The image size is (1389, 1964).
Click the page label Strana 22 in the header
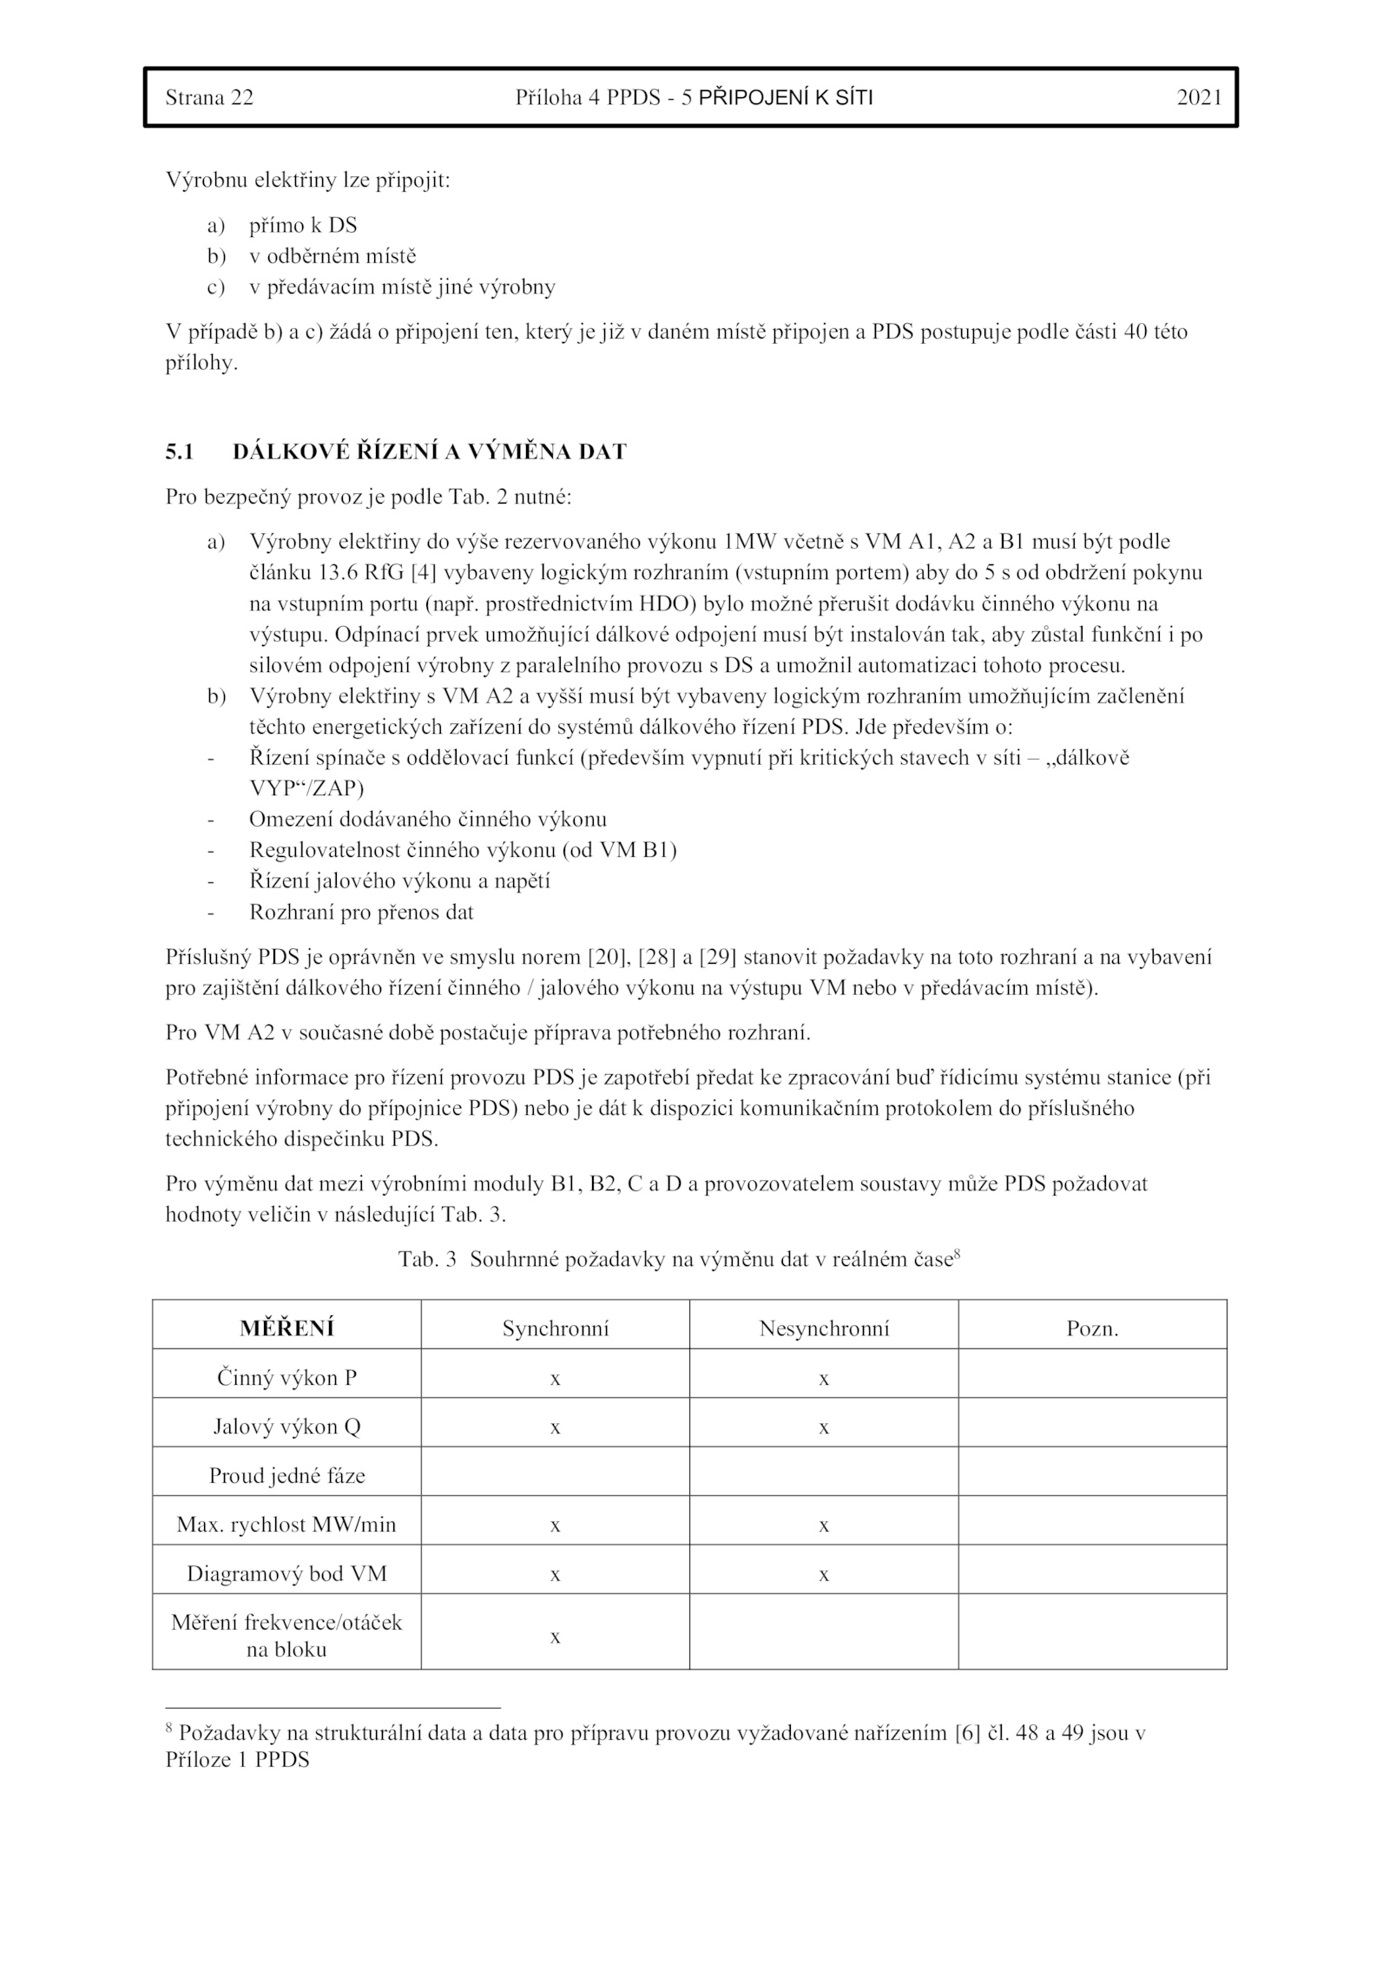pyautogui.click(x=209, y=97)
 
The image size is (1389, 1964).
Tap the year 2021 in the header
pyautogui.click(x=1199, y=97)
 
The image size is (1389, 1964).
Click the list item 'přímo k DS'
pyautogui.click(x=303, y=226)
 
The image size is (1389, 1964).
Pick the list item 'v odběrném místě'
pyautogui.click(x=332, y=256)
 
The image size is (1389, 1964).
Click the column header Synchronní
pyautogui.click(x=556, y=1328)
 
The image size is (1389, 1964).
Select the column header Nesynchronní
pyautogui.click(x=824, y=1328)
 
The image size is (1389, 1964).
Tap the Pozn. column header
pyautogui.click(x=1092, y=1328)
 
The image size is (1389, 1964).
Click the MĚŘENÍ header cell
pyautogui.click(x=286, y=1328)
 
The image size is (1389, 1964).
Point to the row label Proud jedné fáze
pyautogui.click(x=286, y=1475)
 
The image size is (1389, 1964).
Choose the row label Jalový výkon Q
pyautogui.click(x=286, y=1427)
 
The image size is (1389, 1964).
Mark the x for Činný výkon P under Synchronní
pyautogui.click(x=556, y=1379)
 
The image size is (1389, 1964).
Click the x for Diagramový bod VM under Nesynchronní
pyautogui.click(x=824, y=1574)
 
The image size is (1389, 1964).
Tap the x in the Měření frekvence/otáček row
pyautogui.click(x=556, y=1637)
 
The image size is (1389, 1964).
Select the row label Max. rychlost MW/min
pyautogui.click(x=286, y=1525)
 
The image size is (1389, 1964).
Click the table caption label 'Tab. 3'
pyautogui.click(x=427, y=1260)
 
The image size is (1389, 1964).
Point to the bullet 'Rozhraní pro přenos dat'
pyautogui.click(x=361, y=913)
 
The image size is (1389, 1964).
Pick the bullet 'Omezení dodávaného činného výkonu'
pyautogui.click(x=428, y=819)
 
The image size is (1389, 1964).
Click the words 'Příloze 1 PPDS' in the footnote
pyautogui.click(x=237, y=1760)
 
